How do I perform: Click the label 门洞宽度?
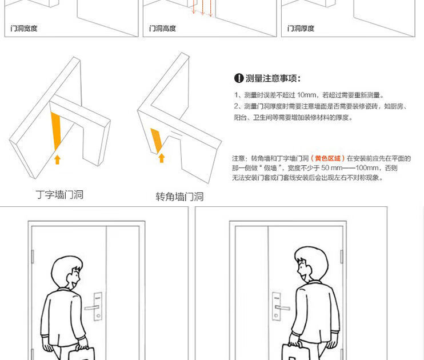(x=24, y=29)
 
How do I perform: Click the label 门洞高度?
(x=162, y=29)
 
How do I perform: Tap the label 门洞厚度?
(x=301, y=29)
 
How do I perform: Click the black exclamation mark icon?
(x=239, y=78)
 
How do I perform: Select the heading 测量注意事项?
(x=273, y=78)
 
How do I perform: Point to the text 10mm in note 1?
(x=307, y=95)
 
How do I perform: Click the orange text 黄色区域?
(x=327, y=158)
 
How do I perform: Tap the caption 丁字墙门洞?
(x=59, y=195)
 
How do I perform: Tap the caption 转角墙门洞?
(x=179, y=197)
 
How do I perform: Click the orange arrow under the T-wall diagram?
(x=57, y=159)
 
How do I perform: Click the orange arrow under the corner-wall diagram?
(x=162, y=158)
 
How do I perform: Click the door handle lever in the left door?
(x=91, y=308)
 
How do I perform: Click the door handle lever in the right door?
(x=283, y=307)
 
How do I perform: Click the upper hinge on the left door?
(x=33, y=257)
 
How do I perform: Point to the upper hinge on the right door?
(x=342, y=257)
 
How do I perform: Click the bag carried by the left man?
(x=82, y=354)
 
